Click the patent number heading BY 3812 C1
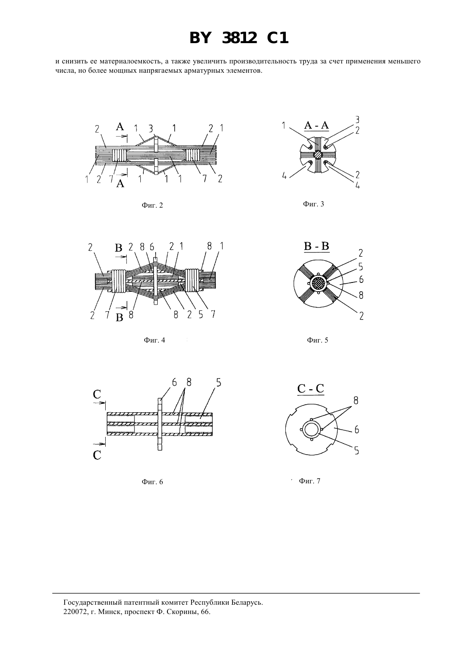pyautogui.click(x=239, y=38)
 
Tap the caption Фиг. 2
pyautogui.click(x=152, y=206)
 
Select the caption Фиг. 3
pyautogui.click(x=313, y=204)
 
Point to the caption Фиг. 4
pyautogui.click(x=154, y=340)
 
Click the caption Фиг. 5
pyautogui.click(x=317, y=340)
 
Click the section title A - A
pyautogui.click(x=316, y=126)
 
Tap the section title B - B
pyautogui.click(x=316, y=246)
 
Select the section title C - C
pyautogui.click(x=311, y=388)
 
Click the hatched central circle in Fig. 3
pyautogui.click(x=317, y=154)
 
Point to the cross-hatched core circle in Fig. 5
pyautogui.click(x=318, y=283)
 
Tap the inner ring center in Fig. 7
pyautogui.click(x=311, y=430)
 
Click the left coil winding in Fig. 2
pyautogui.click(x=119, y=154)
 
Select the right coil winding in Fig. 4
pyautogui.click(x=193, y=280)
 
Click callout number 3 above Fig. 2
pyautogui.click(x=150, y=129)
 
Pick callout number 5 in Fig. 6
pyautogui.click(x=219, y=383)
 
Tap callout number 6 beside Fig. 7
pyautogui.click(x=357, y=430)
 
